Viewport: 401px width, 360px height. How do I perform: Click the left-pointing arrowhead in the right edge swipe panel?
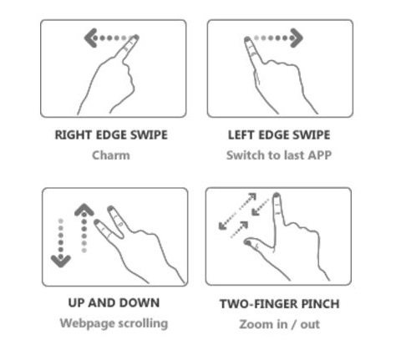tap(89, 38)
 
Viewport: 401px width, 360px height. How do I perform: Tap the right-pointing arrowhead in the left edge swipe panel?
tap(297, 38)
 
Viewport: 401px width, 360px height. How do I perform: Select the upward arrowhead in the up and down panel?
tap(84, 210)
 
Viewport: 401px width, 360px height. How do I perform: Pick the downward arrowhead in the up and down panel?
tap(61, 261)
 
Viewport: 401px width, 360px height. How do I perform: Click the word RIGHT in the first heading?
tap(74, 135)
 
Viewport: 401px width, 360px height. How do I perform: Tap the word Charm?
tap(111, 155)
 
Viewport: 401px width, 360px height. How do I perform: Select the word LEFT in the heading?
tap(241, 135)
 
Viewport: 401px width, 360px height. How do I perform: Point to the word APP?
tap(320, 155)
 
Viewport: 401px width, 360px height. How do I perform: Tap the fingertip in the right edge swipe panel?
tap(135, 38)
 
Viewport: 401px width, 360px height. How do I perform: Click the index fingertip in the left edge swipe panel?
tap(247, 40)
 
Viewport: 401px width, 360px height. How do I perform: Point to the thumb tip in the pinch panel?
tap(247, 242)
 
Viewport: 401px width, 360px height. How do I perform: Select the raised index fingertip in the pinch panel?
tap(277, 195)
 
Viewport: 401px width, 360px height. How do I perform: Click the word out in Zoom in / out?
tap(310, 324)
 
